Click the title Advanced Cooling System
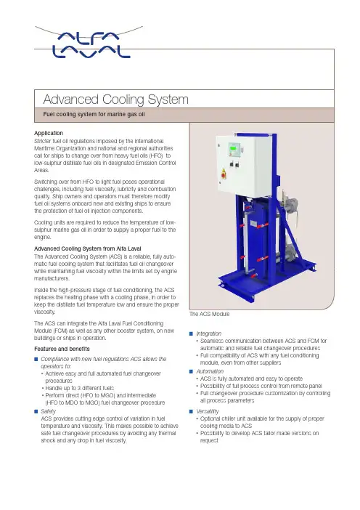click(115, 100)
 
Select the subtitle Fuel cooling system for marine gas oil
click(94, 114)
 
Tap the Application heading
click(49, 133)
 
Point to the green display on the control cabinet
click(233, 148)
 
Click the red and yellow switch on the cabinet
click(224, 173)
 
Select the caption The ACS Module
click(209, 314)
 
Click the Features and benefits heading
click(62, 349)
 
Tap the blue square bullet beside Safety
click(36, 411)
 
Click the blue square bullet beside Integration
click(191, 333)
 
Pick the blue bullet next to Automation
click(191, 371)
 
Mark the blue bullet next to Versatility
click(191, 411)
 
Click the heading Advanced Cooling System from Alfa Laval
click(88, 248)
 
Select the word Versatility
click(208, 411)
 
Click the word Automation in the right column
click(210, 371)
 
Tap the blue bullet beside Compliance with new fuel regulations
click(36, 359)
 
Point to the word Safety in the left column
click(48, 411)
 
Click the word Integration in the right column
click(208, 333)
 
